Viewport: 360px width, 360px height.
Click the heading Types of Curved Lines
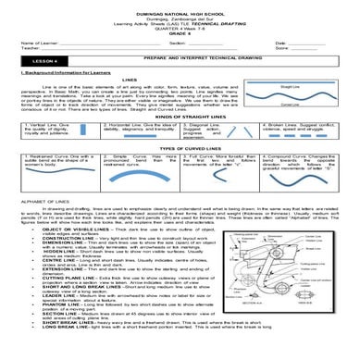[180, 173]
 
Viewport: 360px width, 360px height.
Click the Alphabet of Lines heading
[33, 227]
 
